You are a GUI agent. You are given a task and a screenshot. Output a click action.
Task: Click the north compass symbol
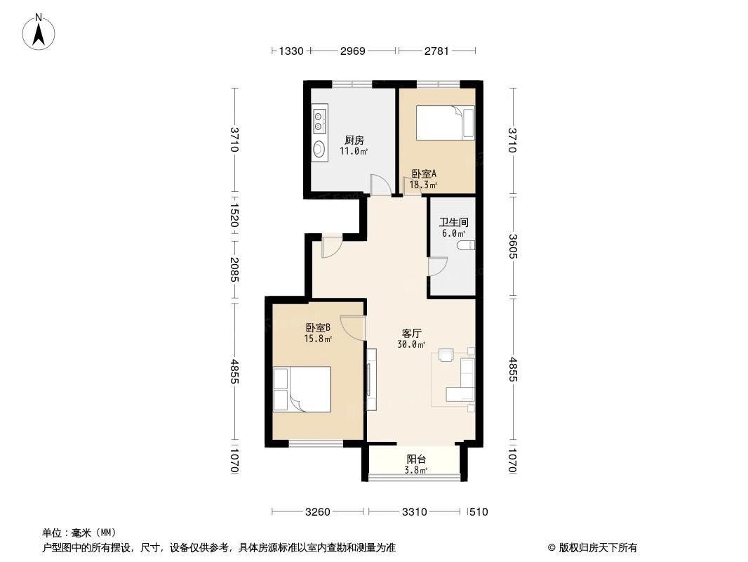tap(40, 31)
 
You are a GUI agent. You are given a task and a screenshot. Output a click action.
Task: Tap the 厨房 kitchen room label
tap(354, 140)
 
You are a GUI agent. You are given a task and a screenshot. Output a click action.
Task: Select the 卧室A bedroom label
tap(424, 174)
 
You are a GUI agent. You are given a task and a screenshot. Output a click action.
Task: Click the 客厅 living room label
tap(411, 333)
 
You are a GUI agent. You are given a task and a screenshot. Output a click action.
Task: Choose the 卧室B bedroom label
tap(318, 327)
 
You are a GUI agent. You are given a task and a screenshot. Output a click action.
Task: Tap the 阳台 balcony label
tap(416, 459)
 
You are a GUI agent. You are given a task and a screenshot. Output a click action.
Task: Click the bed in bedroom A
tap(446, 122)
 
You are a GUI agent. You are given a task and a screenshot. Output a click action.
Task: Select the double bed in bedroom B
tap(302, 389)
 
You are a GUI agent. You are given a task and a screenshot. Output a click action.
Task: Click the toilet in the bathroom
tap(466, 245)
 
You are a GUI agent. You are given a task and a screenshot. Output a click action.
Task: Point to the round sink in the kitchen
tap(319, 149)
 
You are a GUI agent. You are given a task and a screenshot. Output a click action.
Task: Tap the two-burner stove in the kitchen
tap(319, 120)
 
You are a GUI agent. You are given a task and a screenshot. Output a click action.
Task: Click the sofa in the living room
tap(464, 379)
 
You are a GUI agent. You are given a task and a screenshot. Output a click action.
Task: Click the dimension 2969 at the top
tap(354, 51)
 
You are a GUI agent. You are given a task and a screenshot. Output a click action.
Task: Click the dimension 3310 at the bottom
tap(415, 512)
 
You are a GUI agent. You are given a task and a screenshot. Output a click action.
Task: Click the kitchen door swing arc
tap(380, 185)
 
